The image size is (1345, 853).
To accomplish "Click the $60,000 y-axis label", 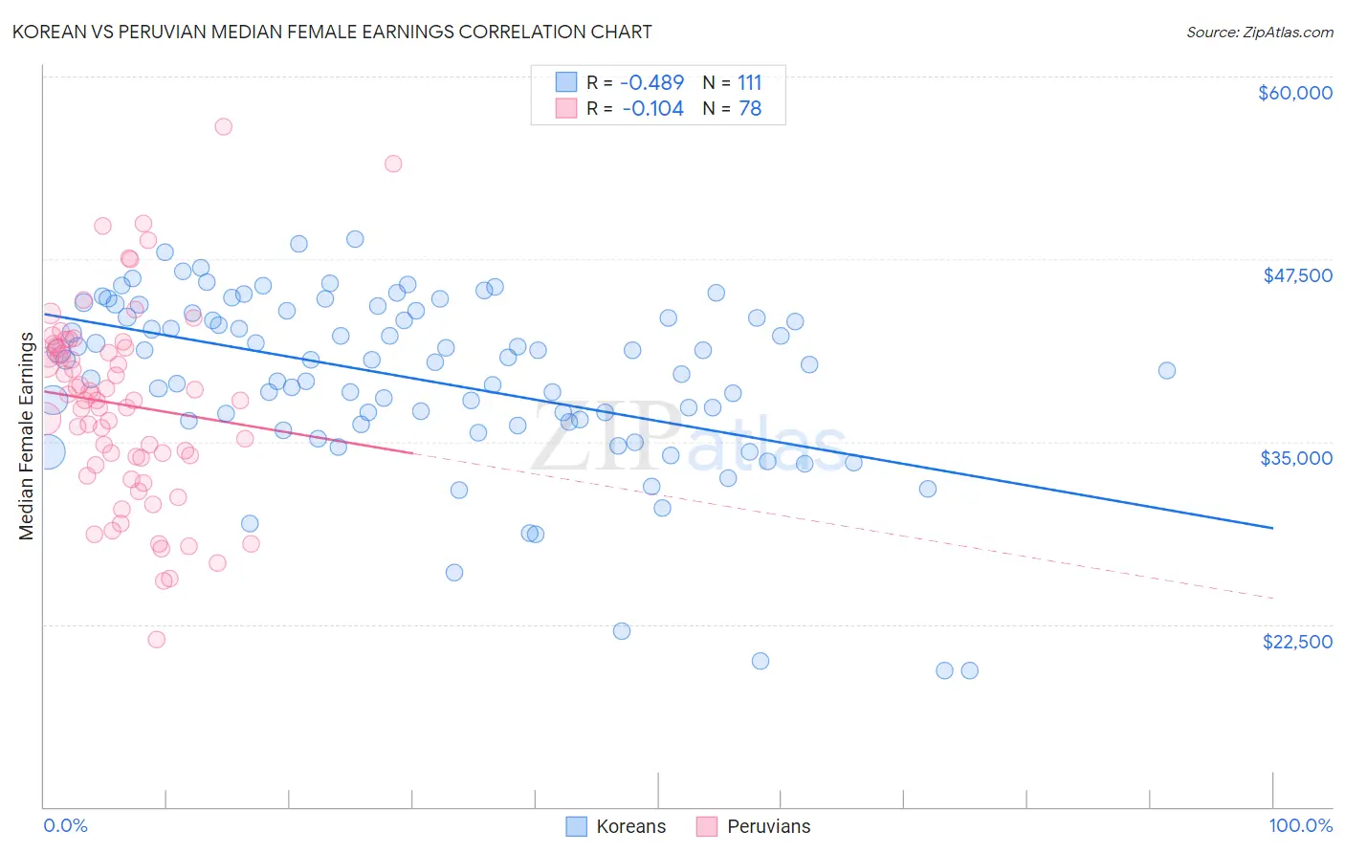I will click(1294, 93).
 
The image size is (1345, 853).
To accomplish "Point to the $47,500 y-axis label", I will click(1297, 275).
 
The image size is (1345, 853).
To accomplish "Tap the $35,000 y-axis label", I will click(1296, 458).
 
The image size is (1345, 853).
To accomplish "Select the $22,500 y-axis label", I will click(1297, 642).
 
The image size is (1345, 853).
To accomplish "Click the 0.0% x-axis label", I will click(65, 825).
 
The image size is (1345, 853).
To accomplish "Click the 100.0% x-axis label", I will click(1300, 825).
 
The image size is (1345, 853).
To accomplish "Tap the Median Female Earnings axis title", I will click(27, 436).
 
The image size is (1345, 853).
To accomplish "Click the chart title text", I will click(332, 32).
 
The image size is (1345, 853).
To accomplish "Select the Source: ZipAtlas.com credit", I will click(1259, 32).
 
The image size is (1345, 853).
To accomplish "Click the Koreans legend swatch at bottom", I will click(576, 826).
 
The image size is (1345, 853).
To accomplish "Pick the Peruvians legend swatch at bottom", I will click(707, 826).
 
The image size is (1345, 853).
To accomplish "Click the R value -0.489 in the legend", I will click(652, 82).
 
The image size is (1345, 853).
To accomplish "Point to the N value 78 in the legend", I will click(750, 109).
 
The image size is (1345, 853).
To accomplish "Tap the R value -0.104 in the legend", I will click(652, 109).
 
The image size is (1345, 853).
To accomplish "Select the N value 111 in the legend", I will click(750, 82).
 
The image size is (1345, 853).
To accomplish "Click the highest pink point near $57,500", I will click(223, 126).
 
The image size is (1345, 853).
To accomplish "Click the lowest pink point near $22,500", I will click(157, 639).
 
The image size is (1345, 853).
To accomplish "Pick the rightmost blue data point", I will click(1166, 370).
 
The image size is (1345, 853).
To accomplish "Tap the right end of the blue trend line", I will click(1272, 527).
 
